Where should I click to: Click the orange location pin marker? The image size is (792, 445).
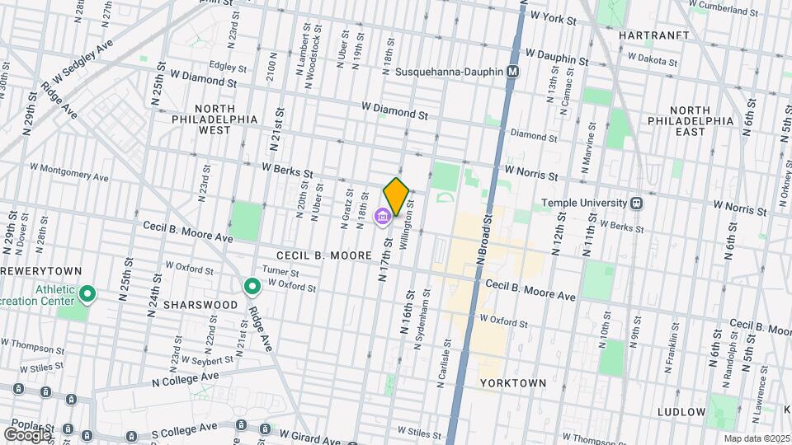[x=397, y=195]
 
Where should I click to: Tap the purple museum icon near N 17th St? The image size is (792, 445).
[x=383, y=218]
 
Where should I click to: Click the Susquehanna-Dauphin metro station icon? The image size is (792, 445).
[x=513, y=72]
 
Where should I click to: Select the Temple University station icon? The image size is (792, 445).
[x=636, y=203]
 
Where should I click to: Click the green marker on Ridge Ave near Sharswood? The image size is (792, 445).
[x=252, y=287]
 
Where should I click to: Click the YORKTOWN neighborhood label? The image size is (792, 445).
[x=513, y=383]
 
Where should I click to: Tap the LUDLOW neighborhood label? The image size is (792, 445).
[x=681, y=411]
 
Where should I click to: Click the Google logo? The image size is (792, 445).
[x=26, y=434]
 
